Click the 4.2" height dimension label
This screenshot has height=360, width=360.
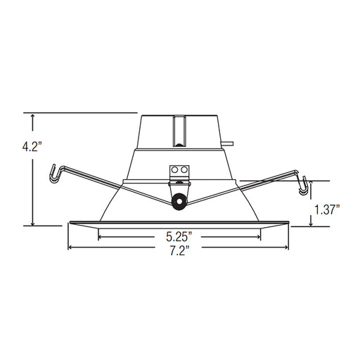(x=32, y=148)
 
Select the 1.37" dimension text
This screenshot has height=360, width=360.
(x=326, y=210)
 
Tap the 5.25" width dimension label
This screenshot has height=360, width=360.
(x=179, y=236)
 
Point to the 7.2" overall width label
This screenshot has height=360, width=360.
(x=179, y=251)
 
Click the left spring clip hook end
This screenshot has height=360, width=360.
(x=53, y=174)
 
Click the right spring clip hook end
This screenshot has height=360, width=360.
(x=304, y=186)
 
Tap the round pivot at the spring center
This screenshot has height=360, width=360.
(x=179, y=201)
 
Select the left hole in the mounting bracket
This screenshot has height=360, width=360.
(x=174, y=169)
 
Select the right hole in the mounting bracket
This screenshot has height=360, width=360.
(x=184, y=169)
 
